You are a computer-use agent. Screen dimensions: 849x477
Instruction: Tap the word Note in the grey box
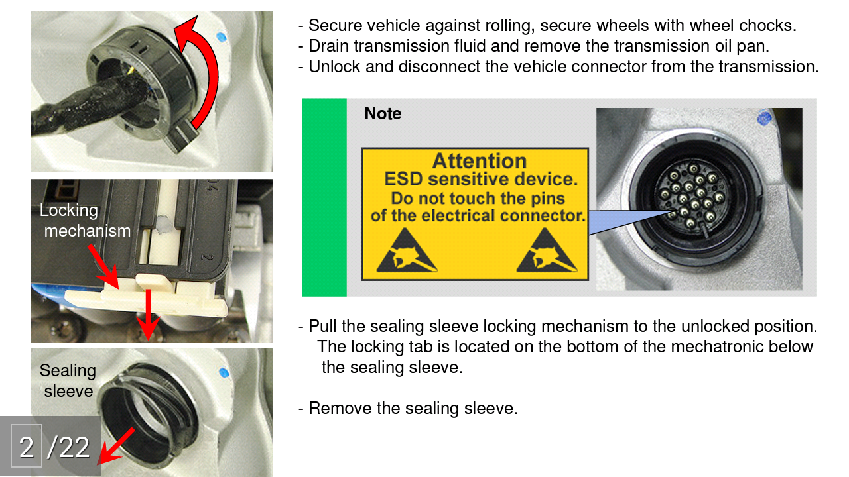click(x=383, y=113)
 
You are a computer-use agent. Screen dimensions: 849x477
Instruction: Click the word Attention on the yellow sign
click(x=480, y=161)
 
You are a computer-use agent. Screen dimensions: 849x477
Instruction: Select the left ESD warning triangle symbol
click(x=407, y=250)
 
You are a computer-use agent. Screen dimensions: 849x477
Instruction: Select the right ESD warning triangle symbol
click(x=547, y=250)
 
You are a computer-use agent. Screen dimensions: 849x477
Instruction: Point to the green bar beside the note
click(x=324, y=197)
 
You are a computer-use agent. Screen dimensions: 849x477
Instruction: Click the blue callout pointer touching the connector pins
click(x=629, y=221)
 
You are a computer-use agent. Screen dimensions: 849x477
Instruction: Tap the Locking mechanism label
click(x=86, y=221)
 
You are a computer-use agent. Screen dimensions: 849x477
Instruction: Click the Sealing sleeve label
click(x=68, y=380)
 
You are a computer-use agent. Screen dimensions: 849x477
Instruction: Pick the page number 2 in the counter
click(x=27, y=447)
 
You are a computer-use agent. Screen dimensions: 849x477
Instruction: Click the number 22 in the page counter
click(x=74, y=447)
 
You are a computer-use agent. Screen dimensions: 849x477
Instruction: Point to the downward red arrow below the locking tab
click(x=148, y=314)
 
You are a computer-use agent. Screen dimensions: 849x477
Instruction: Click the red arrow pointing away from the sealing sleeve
click(x=115, y=447)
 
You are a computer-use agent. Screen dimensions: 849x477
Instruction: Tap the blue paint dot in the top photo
click(x=222, y=38)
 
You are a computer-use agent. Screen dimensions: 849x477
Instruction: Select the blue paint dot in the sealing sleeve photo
click(x=224, y=372)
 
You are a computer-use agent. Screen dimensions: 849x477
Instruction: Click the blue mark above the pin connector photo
click(x=764, y=118)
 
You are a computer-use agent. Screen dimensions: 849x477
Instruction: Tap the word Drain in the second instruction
click(x=329, y=46)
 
